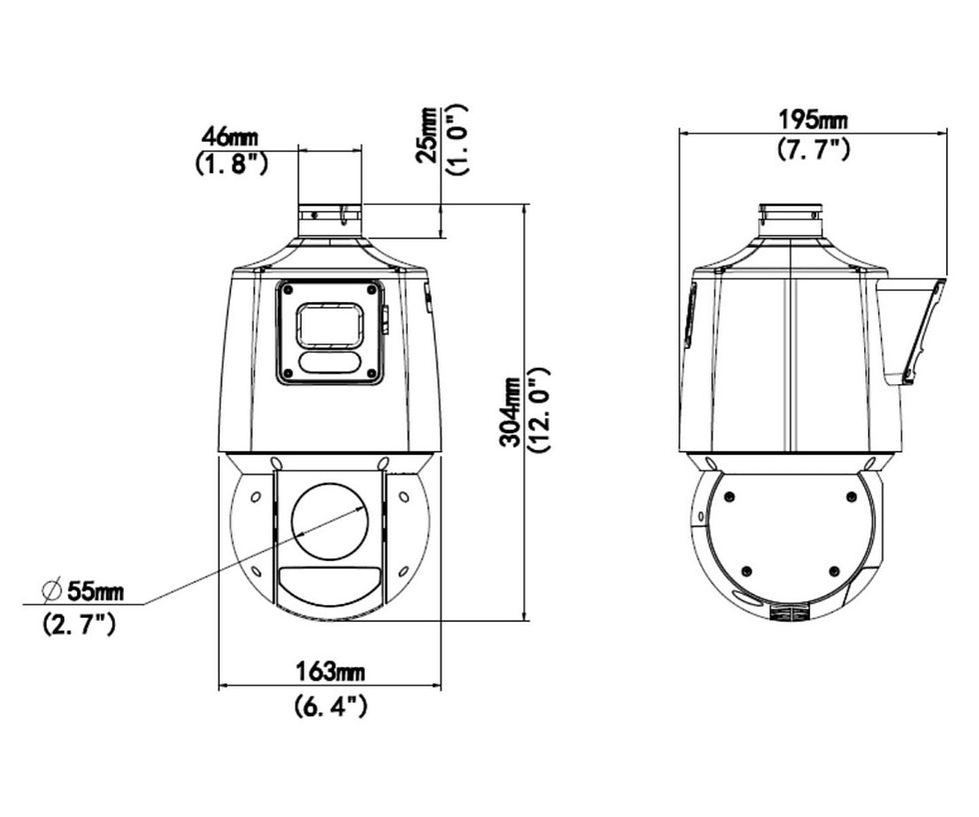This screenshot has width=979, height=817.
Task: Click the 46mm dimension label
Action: [229, 136]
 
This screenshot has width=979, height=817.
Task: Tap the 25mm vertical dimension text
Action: [428, 135]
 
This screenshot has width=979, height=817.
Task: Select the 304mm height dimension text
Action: [511, 411]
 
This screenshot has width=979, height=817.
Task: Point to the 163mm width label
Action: [330, 672]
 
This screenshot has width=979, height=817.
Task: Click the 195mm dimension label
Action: [813, 119]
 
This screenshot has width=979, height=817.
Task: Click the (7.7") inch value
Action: [813, 149]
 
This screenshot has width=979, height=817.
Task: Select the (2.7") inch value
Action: [79, 624]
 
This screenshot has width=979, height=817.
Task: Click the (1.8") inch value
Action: [232, 164]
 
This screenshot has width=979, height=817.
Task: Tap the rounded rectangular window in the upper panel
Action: [331, 325]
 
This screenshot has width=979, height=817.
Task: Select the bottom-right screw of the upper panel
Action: [373, 373]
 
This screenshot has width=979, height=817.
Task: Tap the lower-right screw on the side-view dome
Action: [833, 571]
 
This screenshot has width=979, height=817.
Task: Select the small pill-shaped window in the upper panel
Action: [330, 363]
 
